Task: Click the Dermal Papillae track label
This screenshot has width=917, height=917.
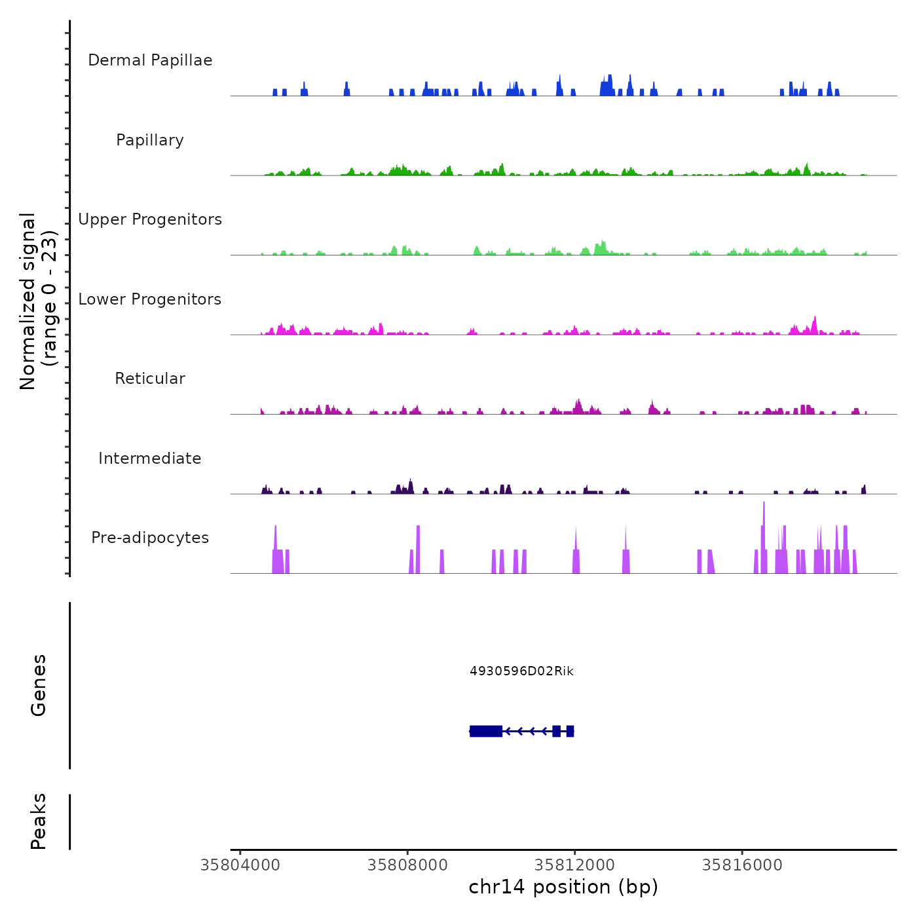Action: [150, 60]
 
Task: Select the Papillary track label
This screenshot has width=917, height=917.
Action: [150, 140]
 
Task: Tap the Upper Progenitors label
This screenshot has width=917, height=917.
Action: [150, 219]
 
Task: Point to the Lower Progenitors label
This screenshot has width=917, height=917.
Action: [150, 299]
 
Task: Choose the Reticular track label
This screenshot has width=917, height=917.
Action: [150, 379]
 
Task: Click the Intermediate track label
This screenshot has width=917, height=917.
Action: [150, 458]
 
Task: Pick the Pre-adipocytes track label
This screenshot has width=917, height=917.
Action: [150, 538]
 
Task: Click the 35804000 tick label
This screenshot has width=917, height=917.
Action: [240, 865]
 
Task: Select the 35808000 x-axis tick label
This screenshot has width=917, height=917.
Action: [407, 865]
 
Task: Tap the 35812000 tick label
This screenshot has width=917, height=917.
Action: [575, 865]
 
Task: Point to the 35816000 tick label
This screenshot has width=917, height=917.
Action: [742, 865]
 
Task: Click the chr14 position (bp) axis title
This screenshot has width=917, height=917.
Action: [563, 887]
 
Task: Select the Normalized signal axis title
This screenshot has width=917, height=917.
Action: [38, 301]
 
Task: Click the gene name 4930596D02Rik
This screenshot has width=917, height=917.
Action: [521, 671]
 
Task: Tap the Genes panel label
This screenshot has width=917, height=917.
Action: [38, 685]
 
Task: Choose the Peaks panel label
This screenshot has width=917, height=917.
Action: [38, 821]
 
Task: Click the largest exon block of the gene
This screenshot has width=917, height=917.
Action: [486, 731]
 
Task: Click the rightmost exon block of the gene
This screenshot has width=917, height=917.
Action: [571, 731]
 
